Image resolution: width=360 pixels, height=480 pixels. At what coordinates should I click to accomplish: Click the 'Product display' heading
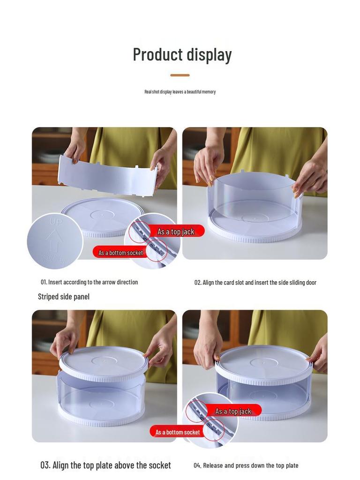coord(182,54)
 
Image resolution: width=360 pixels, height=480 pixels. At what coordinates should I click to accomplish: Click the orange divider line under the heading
coord(180,75)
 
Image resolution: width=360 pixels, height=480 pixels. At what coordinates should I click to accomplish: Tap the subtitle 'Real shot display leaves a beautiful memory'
coord(180,92)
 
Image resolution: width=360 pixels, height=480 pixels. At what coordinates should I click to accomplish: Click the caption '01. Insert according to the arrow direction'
coord(89,282)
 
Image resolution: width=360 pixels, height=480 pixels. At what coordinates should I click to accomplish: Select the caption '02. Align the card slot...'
coord(255,283)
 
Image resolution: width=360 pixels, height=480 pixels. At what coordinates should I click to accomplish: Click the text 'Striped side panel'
coord(64,297)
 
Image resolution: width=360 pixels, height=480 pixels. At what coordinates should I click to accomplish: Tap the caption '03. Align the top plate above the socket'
coord(105,465)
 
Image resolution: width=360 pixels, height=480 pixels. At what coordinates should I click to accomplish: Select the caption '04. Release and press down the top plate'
coord(246,465)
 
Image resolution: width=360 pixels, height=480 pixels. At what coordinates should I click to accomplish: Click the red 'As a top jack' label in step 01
coord(176,232)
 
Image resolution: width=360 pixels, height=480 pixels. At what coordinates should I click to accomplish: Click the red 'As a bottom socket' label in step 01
coord(120,253)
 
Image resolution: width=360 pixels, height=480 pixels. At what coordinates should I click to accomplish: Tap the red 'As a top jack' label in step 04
coord(233,411)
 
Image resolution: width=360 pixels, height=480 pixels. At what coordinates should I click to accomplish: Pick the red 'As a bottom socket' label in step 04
coord(178,432)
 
